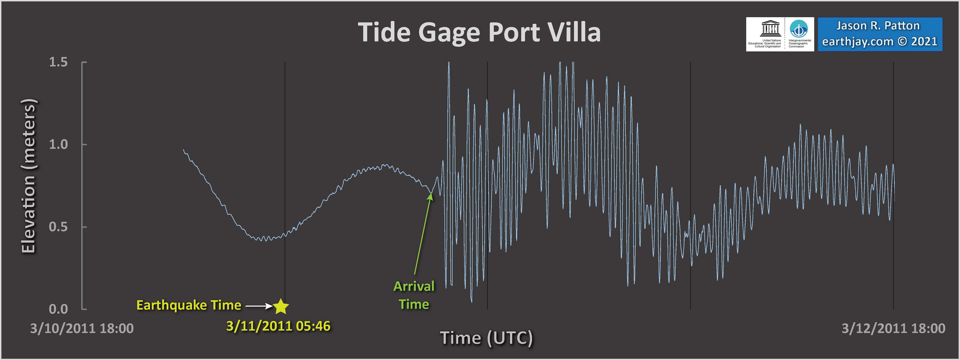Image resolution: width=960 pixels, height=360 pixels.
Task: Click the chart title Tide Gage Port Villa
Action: tap(479, 32)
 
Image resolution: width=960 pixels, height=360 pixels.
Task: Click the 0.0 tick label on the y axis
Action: tap(59, 309)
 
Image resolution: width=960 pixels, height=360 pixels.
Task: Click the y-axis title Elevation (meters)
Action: tap(28, 176)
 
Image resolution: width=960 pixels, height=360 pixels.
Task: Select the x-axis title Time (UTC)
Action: tap(487, 338)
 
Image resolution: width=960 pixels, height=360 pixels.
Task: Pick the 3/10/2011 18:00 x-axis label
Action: tap(82, 328)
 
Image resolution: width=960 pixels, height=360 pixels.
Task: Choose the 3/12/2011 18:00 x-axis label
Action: tap(893, 328)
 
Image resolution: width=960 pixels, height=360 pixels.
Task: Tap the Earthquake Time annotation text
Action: tap(189, 305)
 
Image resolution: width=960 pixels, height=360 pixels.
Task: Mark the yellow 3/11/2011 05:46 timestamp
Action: tap(278, 326)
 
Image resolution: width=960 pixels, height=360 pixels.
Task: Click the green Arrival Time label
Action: tap(414, 295)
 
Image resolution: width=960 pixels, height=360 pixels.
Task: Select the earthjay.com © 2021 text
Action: tap(880, 41)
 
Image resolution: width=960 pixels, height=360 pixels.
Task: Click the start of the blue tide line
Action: tap(183, 149)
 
